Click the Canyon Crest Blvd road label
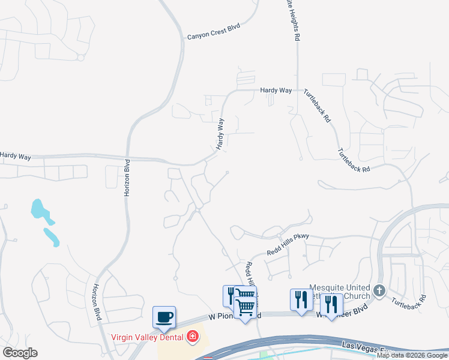[x=213, y=37]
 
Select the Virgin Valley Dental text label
[x=147, y=336]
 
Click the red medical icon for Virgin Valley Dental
[x=193, y=337]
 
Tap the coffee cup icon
[x=164, y=316]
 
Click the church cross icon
[x=379, y=291]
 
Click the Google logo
[x=20, y=353]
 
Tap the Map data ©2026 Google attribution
[x=412, y=356]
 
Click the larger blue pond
[x=38, y=209]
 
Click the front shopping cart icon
[x=245, y=308]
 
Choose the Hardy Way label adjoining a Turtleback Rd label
[x=276, y=90]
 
